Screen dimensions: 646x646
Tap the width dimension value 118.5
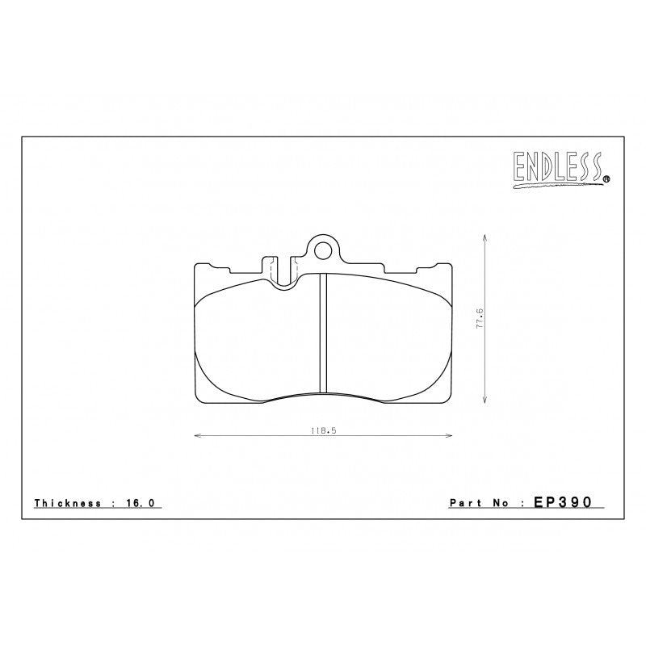coord(323,431)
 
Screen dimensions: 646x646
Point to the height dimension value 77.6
coord(478,317)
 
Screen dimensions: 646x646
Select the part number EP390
coord(563,502)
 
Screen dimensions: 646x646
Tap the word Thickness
coord(68,503)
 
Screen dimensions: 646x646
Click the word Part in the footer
coord(463,503)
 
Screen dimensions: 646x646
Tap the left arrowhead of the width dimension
coord(197,436)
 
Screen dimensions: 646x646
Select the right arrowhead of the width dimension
coord(450,436)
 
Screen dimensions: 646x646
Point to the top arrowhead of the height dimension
coord(484,237)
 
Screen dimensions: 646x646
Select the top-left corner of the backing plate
coord(195,265)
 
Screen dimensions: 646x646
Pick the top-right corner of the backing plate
coord(451,265)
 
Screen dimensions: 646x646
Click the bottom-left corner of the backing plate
coord(196,401)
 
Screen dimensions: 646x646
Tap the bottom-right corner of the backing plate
coord(451,401)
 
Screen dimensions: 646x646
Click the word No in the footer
coord(497,503)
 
